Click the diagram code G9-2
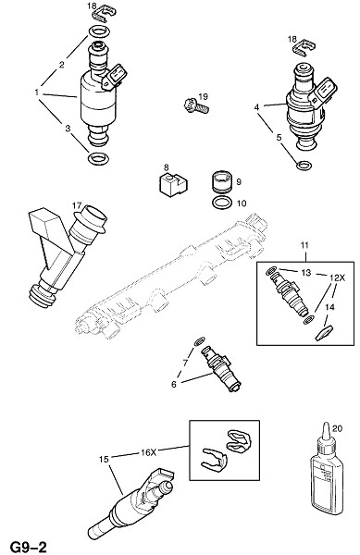point(29,547)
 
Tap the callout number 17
point(77,205)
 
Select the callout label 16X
point(148,452)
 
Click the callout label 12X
point(337,278)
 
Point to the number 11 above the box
point(304,245)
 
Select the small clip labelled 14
point(325,333)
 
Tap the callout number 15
point(104,460)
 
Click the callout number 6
point(173,384)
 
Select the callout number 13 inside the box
point(305,272)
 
